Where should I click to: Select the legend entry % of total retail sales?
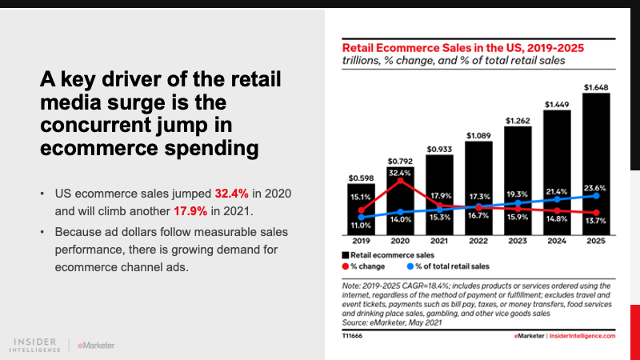pos(448,265)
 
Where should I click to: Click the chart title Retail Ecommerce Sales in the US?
pos(462,47)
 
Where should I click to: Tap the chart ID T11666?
pos(352,337)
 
